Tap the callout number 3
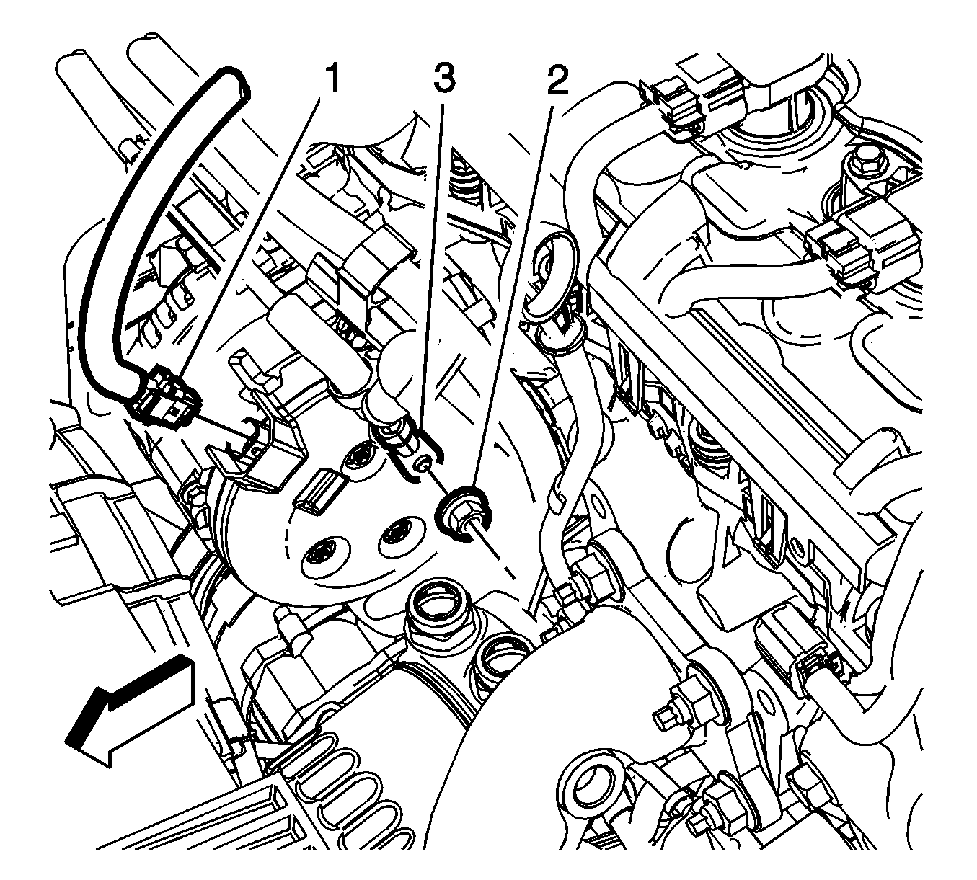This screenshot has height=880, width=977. click(443, 79)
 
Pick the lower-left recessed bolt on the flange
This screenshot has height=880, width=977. click(318, 556)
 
